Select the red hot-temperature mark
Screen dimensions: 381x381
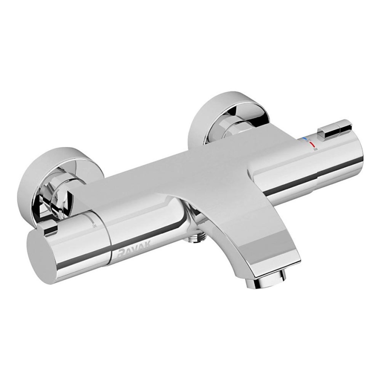coord(312,144)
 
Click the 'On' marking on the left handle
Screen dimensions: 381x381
coord(94,226)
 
